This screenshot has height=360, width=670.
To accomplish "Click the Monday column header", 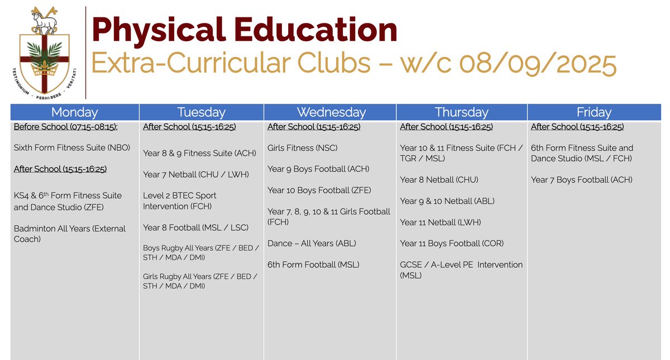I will pyautogui.click(x=74, y=112).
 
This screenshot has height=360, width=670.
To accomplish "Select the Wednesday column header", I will pyautogui.click(x=331, y=112).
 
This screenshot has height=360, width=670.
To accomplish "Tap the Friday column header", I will pyautogui.click(x=594, y=112).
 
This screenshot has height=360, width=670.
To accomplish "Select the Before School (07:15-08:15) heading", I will pyautogui.click(x=66, y=127).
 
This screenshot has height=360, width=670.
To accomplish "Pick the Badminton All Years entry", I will pyautogui.click(x=70, y=233).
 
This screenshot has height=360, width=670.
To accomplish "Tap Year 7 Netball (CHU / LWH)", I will pyautogui.click(x=195, y=174).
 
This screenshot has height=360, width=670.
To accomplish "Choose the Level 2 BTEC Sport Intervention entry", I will pyautogui.click(x=180, y=201).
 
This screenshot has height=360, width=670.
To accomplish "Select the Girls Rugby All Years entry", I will pyautogui.click(x=200, y=281).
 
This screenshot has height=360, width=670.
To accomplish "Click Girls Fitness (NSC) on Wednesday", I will pyautogui.click(x=302, y=148).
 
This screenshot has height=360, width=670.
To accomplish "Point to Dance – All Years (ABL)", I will pyautogui.click(x=312, y=243).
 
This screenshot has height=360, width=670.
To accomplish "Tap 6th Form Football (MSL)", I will pyautogui.click(x=313, y=265).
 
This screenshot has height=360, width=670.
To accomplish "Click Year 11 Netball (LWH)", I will pyautogui.click(x=441, y=222).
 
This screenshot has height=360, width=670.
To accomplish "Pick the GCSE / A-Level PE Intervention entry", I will pyautogui.click(x=461, y=270).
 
